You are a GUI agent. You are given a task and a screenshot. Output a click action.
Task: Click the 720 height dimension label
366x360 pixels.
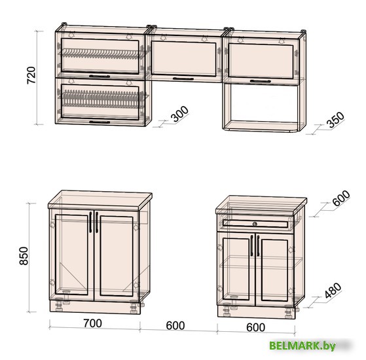pos(31,75)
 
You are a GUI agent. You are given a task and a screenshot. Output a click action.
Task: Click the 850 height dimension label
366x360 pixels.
pos(24,256)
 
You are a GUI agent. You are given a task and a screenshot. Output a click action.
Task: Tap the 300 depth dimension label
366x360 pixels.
pos(179,114)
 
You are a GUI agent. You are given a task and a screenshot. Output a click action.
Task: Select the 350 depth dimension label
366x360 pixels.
pos(335,120)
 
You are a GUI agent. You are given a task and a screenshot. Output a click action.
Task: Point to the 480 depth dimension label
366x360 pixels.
pos(333,291)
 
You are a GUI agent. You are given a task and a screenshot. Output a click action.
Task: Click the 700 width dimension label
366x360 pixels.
pos(93,323)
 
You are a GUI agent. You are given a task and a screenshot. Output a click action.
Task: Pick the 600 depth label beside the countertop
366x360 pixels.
pos(341,198)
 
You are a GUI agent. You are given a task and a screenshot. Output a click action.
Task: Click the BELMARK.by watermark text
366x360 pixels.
pos(302,346)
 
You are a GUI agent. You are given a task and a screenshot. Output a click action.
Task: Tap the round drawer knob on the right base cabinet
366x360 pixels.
pos(255,224)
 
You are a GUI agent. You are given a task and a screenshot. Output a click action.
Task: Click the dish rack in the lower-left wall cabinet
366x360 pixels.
pos(101,99)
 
